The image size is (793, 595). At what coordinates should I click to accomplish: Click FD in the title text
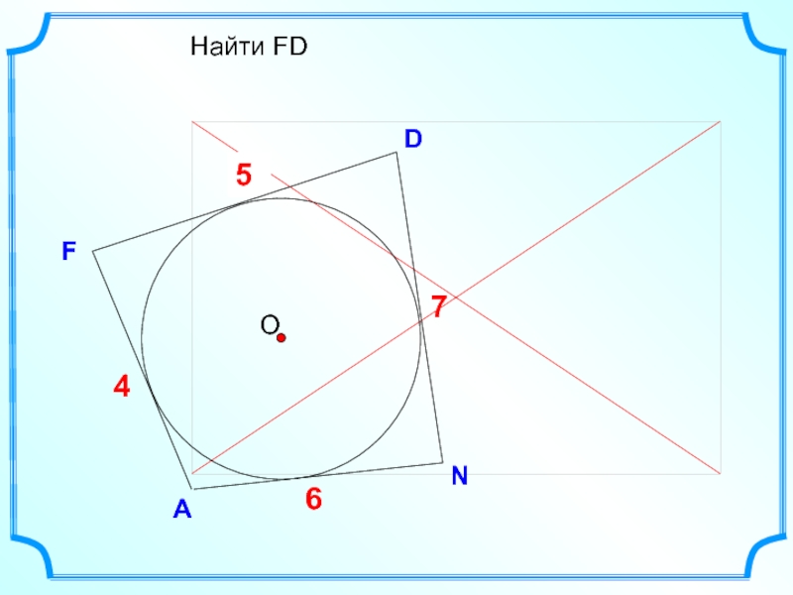(x=285, y=46)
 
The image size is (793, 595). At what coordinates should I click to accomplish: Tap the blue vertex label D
(x=412, y=139)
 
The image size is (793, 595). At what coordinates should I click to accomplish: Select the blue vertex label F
(x=68, y=253)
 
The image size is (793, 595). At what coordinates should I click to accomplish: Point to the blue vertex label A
(x=181, y=511)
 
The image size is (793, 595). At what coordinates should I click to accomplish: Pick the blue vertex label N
(x=459, y=477)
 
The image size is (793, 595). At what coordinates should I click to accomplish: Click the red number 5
(x=244, y=177)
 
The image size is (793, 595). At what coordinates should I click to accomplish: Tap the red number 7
(x=438, y=306)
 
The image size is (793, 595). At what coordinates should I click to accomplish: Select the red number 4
(x=121, y=388)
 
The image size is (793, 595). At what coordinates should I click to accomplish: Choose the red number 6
(x=313, y=500)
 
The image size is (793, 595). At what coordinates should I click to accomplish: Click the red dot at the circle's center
(x=281, y=338)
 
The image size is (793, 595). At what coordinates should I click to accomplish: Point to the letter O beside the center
(x=268, y=325)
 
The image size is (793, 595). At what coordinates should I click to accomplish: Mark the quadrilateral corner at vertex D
(x=397, y=152)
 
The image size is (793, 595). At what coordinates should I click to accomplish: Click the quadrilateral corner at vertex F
(x=93, y=252)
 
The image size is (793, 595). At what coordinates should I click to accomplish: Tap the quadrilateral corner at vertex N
(x=443, y=461)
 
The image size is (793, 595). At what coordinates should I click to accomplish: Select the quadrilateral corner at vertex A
(x=192, y=489)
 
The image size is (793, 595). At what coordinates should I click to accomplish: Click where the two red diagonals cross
(x=456, y=297)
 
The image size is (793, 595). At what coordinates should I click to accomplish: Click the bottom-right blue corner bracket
(x=763, y=556)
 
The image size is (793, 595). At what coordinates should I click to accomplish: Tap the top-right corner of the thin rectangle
(x=721, y=122)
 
